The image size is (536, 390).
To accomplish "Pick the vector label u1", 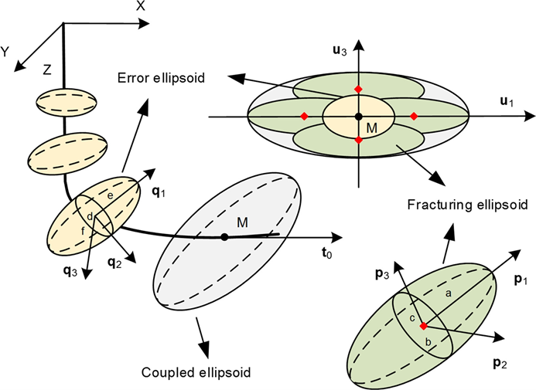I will (x=507, y=101).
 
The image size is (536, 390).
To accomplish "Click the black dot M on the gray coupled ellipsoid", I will (x=224, y=236).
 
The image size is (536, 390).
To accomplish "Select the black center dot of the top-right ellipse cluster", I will (x=358, y=117).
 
